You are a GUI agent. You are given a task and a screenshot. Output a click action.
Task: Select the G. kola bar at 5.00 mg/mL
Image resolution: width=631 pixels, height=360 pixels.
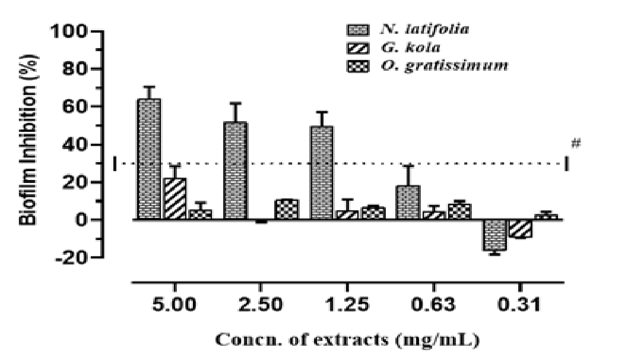(x=175, y=198)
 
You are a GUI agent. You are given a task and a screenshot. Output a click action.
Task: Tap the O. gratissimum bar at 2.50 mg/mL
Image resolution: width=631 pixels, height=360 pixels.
(x=287, y=209)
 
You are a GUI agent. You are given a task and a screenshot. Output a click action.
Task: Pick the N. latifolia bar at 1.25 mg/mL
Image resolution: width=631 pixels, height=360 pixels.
(x=322, y=173)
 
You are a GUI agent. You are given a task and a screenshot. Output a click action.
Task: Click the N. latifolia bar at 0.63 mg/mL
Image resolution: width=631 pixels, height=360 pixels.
(x=408, y=203)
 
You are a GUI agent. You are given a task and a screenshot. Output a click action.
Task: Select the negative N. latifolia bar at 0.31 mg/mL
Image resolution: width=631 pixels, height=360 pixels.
(x=494, y=235)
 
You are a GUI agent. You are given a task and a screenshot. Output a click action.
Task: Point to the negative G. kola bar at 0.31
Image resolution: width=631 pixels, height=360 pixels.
(x=520, y=229)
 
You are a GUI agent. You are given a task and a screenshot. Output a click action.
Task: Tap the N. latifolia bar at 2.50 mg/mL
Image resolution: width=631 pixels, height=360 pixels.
(x=236, y=171)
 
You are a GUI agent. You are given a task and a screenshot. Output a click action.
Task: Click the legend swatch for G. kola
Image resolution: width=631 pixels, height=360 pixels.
(x=356, y=47)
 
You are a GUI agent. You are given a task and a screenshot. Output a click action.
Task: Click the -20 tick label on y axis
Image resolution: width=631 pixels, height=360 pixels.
(x=73, y=258)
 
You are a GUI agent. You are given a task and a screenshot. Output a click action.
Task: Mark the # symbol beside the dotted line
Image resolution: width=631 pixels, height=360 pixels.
(x=575, y=143)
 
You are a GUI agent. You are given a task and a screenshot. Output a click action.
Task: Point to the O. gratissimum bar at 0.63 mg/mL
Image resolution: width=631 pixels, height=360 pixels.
(x=459, y=211)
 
